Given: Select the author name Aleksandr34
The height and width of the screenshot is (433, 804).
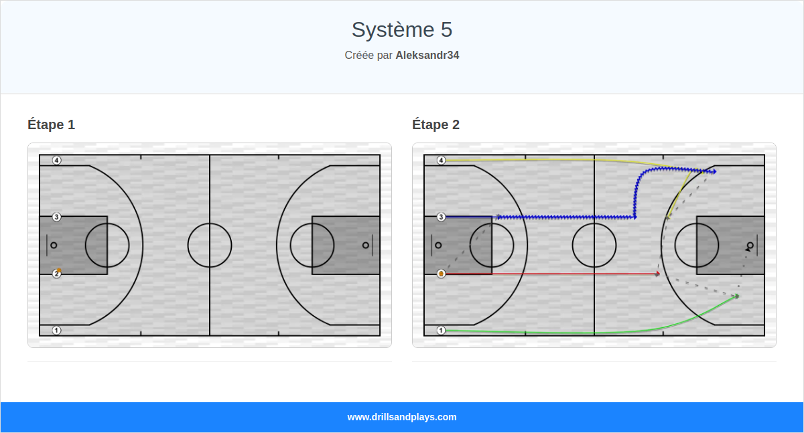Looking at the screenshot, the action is coord(427,56).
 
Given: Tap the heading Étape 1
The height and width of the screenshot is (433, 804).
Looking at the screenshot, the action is coord(52,124).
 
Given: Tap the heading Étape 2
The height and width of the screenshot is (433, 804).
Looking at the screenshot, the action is coord(436,124).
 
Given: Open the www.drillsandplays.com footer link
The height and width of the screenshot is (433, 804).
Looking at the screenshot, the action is coord(402,417).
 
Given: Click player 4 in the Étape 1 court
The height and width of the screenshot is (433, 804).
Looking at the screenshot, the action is coord(57,160).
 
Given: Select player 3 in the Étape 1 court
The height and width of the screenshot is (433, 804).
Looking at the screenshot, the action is coord(57,217).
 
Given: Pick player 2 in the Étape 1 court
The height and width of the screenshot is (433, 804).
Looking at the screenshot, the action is coord(57,274).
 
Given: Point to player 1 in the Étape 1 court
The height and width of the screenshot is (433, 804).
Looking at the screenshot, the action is coord(57,330).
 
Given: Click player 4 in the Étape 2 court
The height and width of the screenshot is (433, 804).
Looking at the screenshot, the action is coord(442,160).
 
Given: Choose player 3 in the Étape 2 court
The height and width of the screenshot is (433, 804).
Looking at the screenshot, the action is coord(442,217).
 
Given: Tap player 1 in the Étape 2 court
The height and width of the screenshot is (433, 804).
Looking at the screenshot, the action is coord(442,330).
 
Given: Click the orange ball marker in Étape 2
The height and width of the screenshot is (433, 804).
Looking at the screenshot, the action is coord(442,274).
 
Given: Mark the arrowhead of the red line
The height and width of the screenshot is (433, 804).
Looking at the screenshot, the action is coord(658,274).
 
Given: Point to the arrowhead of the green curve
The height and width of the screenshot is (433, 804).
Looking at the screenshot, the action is coord(737,296).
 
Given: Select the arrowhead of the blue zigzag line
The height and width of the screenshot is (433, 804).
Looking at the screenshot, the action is coord(714,172).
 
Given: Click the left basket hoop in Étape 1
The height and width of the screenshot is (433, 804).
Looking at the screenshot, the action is coord(54,245).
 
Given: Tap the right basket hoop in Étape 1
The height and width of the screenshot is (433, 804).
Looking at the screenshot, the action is coord(366,245).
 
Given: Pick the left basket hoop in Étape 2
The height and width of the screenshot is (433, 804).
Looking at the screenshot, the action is coord(438,245).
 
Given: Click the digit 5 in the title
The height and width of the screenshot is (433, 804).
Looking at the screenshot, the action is coord(446,30).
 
